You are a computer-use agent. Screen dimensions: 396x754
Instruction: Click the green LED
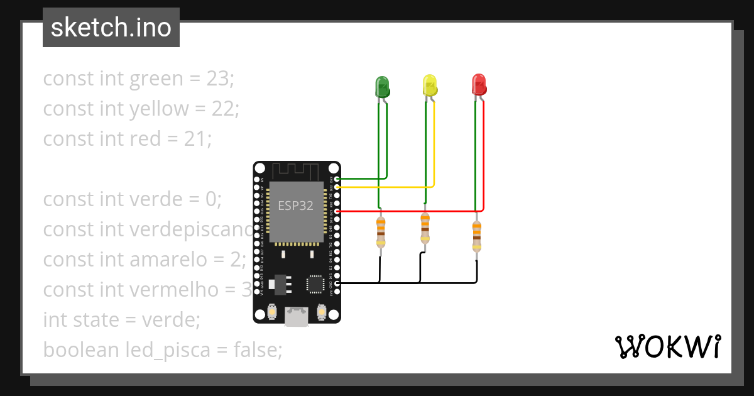[x=381, y=87]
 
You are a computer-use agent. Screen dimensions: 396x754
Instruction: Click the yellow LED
[x=430, y=85]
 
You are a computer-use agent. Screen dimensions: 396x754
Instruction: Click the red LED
[x=479, y=85]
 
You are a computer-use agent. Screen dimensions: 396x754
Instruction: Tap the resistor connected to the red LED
[x=477, y=236]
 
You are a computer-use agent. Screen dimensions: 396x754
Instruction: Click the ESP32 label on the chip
[x=296, y=206]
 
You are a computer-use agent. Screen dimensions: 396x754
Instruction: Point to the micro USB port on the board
[x=297, y=316]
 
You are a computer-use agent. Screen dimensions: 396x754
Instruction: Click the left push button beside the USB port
[x=273, y=311]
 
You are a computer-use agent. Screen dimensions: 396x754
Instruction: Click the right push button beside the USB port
[x=322, y=311]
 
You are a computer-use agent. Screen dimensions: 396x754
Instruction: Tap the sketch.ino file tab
[x=111, y=28]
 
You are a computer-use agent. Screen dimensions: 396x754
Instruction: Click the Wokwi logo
[x=667, y=346]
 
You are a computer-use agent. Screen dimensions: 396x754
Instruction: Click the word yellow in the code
[x=158, y=109]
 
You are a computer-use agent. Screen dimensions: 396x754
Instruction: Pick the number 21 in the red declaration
[x=197, y=138]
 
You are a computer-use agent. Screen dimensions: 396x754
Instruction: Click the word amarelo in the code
[x=168, y=260]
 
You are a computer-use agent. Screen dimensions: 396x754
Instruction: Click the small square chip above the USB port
[x=315, y=284]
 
